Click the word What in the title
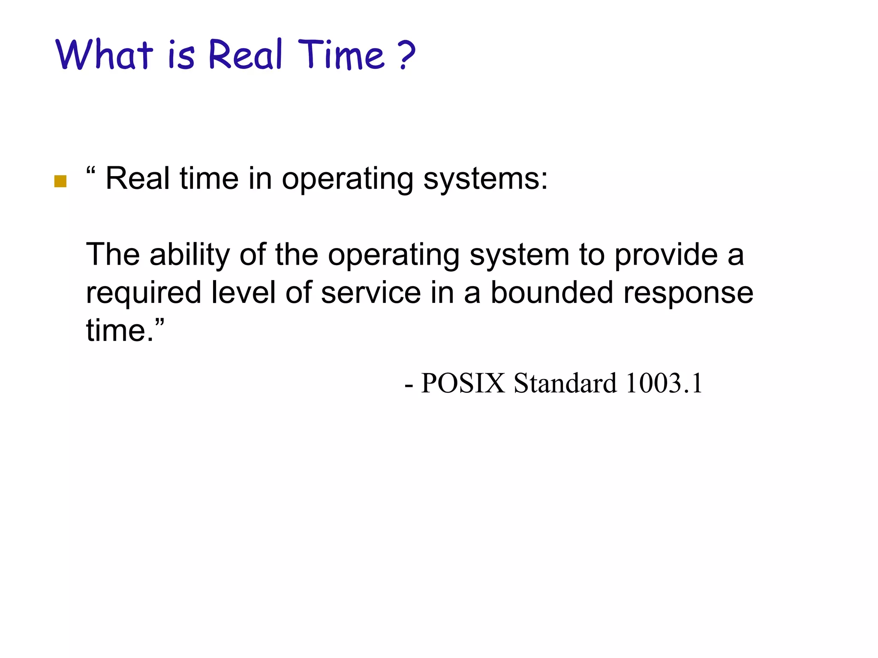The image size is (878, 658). [x=104, y=54]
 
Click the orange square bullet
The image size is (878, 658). [x=60, y=181]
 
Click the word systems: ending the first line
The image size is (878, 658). [x=485, y=179]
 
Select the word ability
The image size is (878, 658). [x=189, y=254]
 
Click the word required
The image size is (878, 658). [x=144, y=293]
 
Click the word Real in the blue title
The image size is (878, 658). [x=246, y=54]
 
